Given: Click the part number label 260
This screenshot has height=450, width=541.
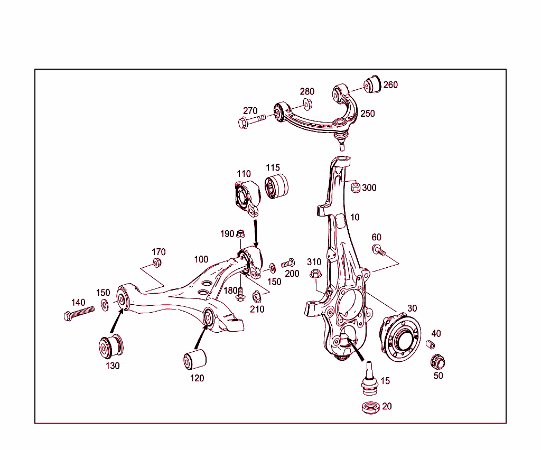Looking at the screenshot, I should click(x=390, y=85).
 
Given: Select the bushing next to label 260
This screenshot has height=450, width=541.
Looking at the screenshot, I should click(x=374, y=84).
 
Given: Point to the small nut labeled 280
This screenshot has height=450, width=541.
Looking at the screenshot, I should click(x=307, y=104).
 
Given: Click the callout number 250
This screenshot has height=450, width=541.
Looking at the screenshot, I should click(x=367, y=114).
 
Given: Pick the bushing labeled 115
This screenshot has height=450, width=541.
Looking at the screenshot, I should click(x=277, y=187).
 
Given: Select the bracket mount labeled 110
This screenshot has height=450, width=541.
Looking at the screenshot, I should click(x=246, y=198).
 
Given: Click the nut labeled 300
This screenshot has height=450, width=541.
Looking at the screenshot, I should click(x=356, y=187).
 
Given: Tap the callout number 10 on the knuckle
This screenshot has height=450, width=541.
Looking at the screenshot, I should click(x=355, y=217).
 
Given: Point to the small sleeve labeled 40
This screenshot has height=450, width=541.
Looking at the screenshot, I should click(x=430, y=345).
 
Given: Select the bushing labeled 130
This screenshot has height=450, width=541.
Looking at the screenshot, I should click(x=111, y=346).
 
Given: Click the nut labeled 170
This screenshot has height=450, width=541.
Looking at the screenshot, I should click(x=157, y=262).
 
